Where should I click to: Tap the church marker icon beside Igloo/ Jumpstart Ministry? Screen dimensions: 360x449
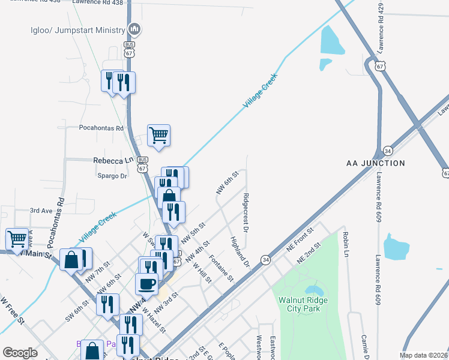tap(135, 28)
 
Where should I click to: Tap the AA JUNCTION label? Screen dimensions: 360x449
tap(376, 163)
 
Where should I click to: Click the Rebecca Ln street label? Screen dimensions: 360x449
tap(113, 161)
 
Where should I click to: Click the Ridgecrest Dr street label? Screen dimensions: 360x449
tap(246, 212)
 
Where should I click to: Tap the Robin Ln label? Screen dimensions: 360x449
tap(346, 245)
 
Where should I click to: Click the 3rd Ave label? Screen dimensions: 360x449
tap(42, 211)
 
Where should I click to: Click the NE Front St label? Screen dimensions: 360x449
tap(300, 238)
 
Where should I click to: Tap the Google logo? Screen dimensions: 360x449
tap(20, 353)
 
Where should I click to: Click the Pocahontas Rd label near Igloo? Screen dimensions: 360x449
tap(101, 128)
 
